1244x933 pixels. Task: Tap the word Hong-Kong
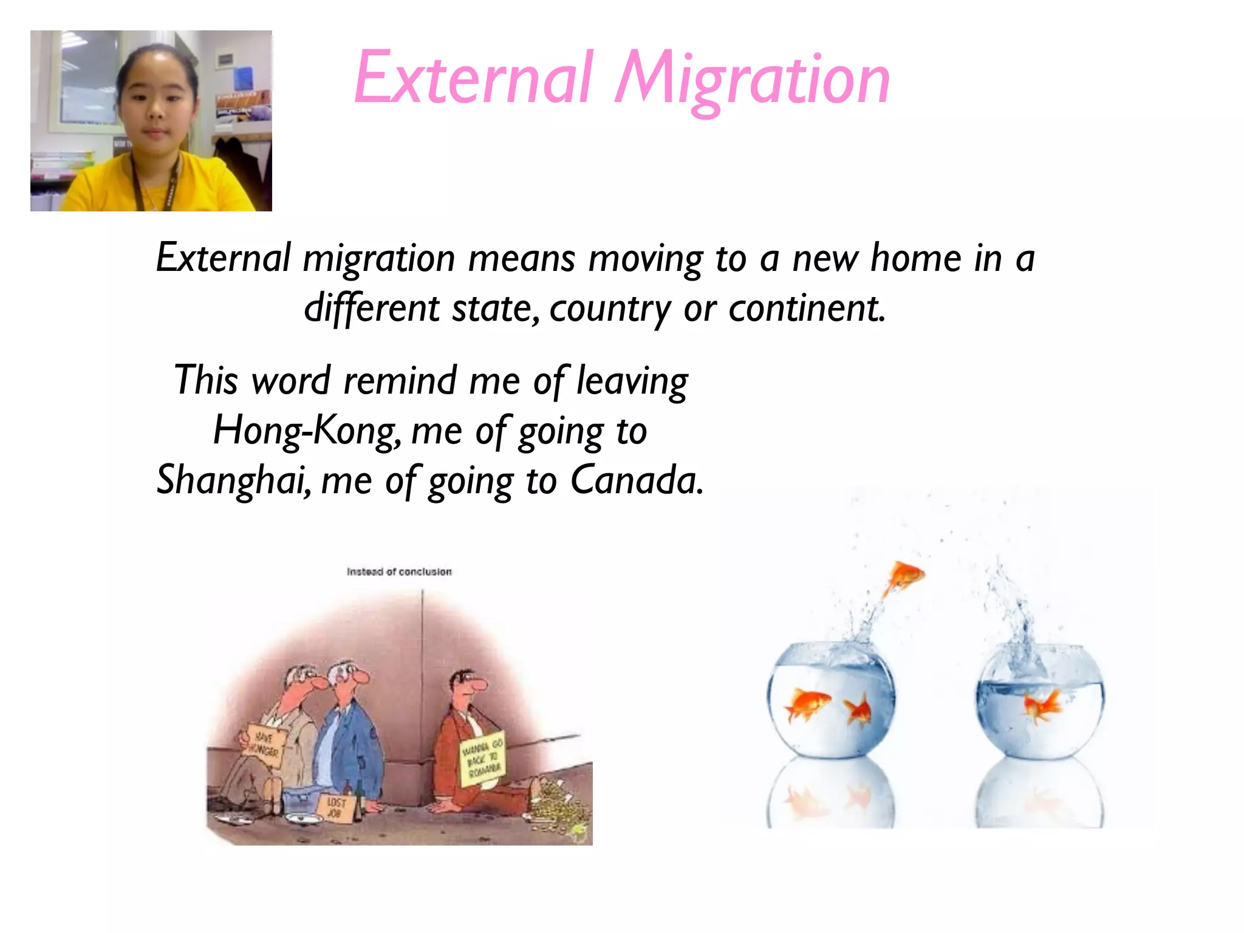[x=307, y=431]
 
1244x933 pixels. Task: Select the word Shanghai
[x=234, y=480]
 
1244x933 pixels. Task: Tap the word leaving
[x=632, y=381]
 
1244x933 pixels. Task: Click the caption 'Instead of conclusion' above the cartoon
[x=399, y=572]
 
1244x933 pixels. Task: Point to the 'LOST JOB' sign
[x=336, y=808]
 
